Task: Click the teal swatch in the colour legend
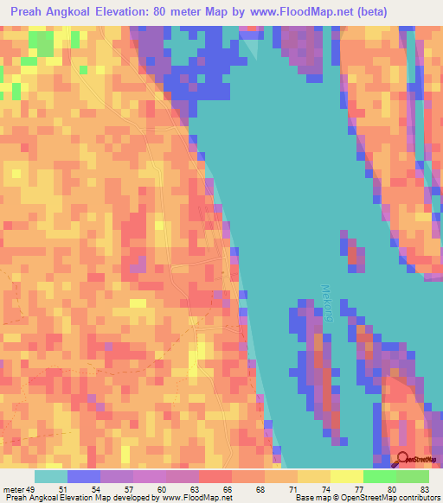coord(51,476)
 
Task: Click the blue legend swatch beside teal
coord(84,476)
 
